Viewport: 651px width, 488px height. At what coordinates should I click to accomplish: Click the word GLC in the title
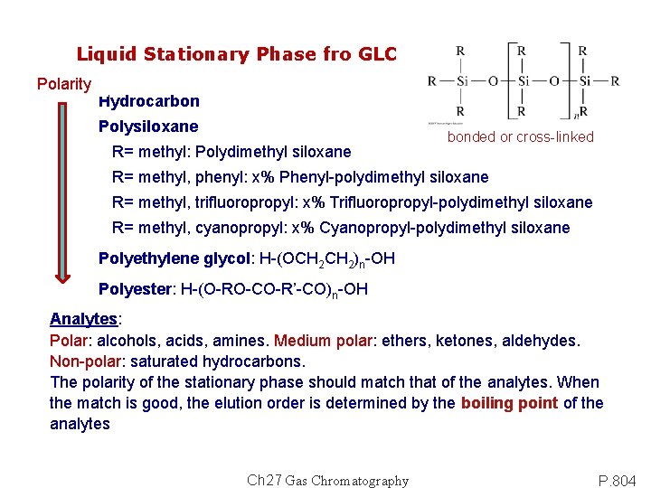[377, 54]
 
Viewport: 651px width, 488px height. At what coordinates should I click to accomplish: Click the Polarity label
[63, 84]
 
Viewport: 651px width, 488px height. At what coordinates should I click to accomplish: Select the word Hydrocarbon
[148, 101]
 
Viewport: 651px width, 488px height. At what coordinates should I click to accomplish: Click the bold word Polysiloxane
[147, 127]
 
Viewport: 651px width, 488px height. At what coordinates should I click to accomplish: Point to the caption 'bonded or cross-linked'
[520, 137]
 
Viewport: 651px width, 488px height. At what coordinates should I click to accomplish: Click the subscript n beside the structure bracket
[576, 116]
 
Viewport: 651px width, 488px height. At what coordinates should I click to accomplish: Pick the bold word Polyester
[136, 290]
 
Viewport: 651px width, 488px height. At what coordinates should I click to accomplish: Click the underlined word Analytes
[84, 319]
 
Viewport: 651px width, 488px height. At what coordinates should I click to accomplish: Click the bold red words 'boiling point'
[509, 403]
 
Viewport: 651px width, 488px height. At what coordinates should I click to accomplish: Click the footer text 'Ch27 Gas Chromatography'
[327, 481]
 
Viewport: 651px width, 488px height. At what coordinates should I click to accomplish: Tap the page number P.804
[618, 480]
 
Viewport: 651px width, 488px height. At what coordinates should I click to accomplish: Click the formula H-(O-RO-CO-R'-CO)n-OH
[275, 290]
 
